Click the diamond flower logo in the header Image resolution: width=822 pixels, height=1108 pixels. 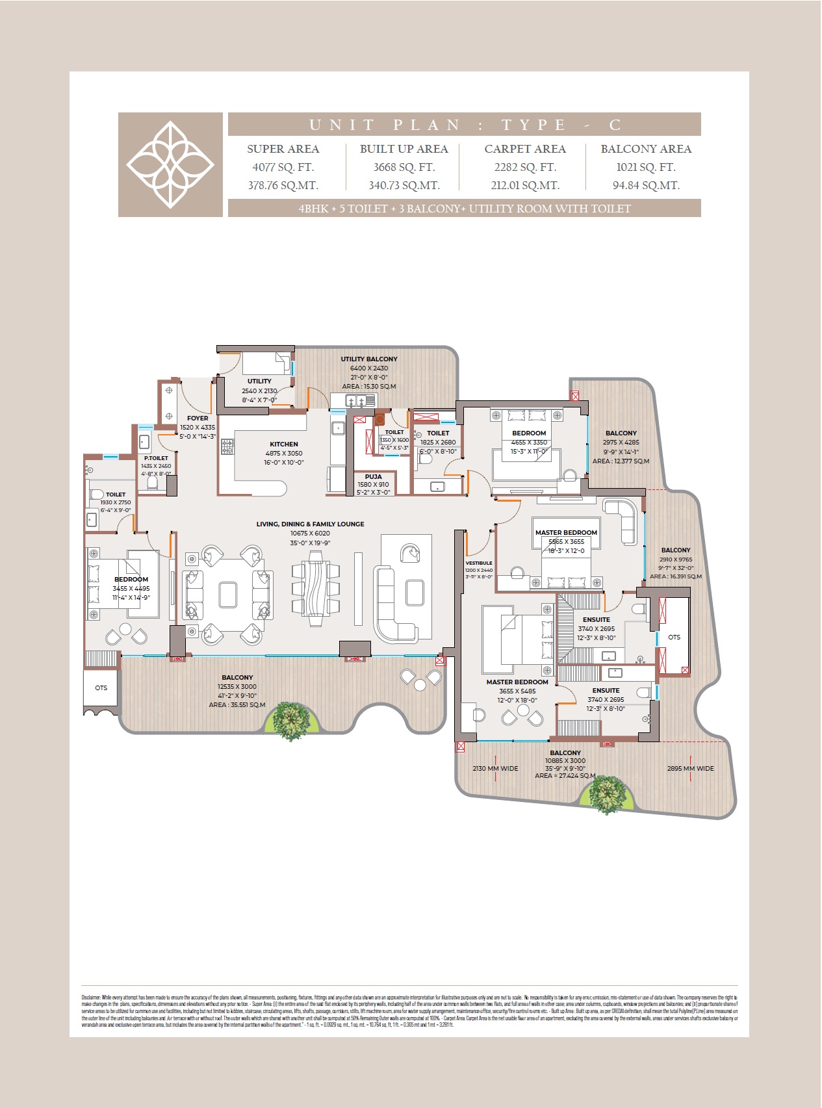(x=170, y=164)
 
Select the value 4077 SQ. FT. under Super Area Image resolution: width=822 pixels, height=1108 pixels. (x=283, y=167)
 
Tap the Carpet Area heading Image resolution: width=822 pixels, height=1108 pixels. (x=525, y=149)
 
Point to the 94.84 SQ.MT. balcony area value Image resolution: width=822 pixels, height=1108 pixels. (x=646, y=185)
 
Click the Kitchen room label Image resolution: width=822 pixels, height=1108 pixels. (x=284, y=444)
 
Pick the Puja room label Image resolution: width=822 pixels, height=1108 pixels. (x=374, y=477)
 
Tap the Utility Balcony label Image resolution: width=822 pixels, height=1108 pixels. (x=369, y=359)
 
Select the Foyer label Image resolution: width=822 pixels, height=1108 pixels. (x=198, y=419)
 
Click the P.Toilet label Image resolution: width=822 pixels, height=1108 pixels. (x=156, y=458)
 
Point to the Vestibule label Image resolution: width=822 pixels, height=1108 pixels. (x=479, y=563)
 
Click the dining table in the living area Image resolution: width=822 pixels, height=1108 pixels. (x=316, y=589)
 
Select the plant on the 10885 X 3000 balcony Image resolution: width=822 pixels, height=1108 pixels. (x=607, y=793)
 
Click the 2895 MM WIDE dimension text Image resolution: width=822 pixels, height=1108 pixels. (x=690, y=769)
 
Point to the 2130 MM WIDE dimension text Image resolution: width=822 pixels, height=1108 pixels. (x=495, y=769)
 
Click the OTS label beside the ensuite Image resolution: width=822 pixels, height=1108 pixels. (x=674, y=638)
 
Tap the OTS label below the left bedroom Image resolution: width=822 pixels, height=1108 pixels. (x=101, y=688)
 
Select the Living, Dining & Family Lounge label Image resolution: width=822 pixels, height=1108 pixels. (x=310, y=524)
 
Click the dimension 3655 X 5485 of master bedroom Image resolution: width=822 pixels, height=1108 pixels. (x=517, y=691)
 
